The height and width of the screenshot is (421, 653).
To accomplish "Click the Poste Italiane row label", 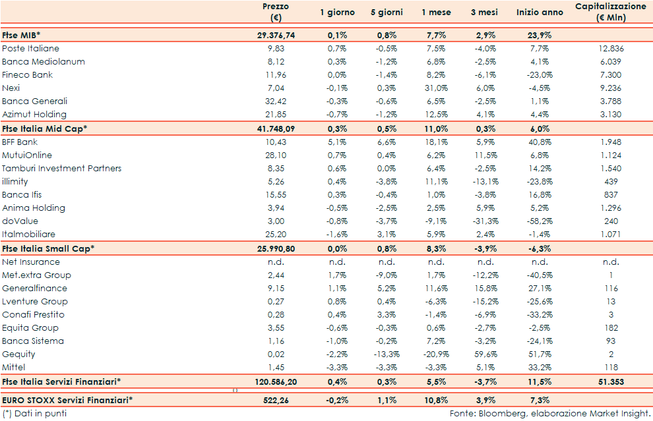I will click(x=30, y=49).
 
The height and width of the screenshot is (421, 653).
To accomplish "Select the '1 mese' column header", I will click(x=437, y=13).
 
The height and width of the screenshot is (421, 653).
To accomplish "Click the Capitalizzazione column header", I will click(x=610, y=12).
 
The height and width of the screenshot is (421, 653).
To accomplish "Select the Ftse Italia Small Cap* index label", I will click(x=48, y=248).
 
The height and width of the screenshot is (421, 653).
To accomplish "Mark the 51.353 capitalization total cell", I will click(x=610, y=381).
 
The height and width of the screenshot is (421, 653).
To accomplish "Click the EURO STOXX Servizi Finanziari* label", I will click(x=67, y=400).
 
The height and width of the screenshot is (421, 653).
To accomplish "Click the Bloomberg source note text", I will click(x=550, y=414).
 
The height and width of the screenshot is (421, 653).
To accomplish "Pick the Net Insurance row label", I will click(x=31, y=262).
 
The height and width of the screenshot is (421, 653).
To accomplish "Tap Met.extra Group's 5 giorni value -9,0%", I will click(x=386, y=275).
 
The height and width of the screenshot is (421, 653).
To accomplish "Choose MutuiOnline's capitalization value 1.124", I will click(x=610, y=155).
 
